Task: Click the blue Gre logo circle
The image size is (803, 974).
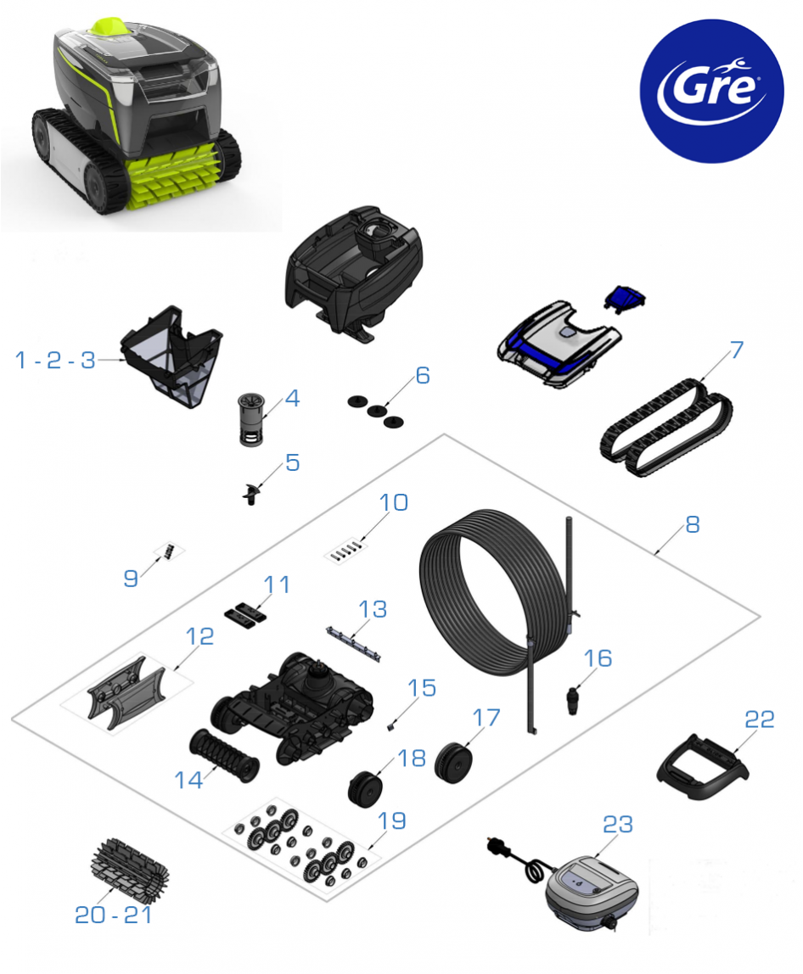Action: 711,91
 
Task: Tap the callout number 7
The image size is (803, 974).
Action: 737,350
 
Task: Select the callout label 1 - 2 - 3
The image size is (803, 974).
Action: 55,361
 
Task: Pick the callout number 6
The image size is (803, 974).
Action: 423,375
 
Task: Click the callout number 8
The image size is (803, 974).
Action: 693,525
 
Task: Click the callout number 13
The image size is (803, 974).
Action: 373,609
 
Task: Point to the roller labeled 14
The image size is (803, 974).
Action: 224,755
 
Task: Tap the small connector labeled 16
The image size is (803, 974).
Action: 573,700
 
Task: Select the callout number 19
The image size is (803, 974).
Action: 392,821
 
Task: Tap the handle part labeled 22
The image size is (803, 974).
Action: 702,768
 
